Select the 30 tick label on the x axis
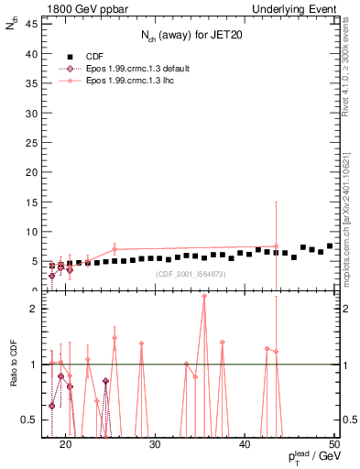156,446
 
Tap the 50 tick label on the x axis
334,446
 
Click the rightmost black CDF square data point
330,246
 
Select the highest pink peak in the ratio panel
204,296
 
